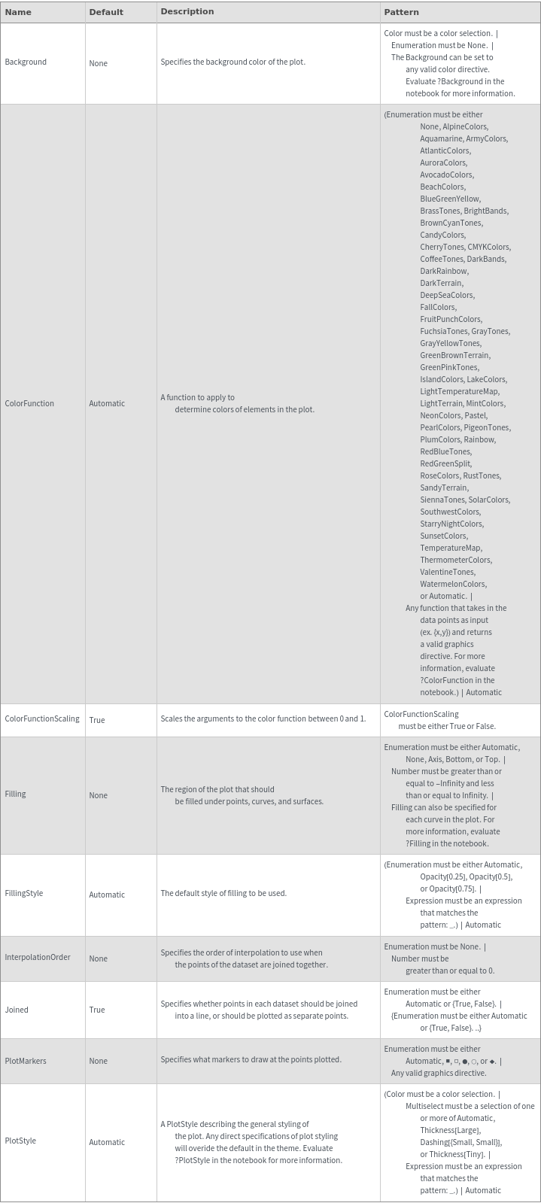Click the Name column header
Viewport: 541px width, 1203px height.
[18, 12]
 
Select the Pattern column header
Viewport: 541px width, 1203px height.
[401, 12]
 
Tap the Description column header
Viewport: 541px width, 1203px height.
[187, 11]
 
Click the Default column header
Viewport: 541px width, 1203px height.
[106, 12]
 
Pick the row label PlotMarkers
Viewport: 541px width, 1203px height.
[26, 1061]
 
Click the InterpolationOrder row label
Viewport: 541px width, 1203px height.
[38, 957]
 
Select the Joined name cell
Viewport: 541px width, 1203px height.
[17, 1010]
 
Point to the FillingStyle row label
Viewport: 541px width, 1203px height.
[24, 893]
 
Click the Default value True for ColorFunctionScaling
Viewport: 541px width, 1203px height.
[97, 720]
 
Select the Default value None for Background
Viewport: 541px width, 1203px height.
[98, 63]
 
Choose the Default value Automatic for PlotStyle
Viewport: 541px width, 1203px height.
[107, 1142]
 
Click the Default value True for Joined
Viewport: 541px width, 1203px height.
[97, 1010]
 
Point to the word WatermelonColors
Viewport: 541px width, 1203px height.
[453, 584]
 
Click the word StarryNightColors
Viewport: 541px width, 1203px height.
[451, 524]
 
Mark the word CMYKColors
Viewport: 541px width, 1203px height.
[488, 247]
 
